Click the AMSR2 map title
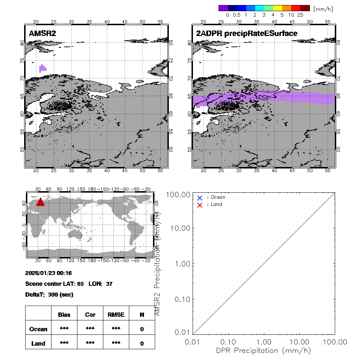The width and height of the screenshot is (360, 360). click(x=42, y=33)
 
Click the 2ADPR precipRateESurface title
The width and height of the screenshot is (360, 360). click(x=247, y=33)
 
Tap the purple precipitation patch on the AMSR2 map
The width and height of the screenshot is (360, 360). click(x=42, y=68)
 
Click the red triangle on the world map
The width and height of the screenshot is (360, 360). click(x=40, y=202)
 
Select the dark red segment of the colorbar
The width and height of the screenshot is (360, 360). click(x=305, y=8)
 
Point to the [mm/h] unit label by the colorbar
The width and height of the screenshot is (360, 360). click(x=323, y=9)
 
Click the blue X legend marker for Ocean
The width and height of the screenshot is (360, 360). click(x=200, y=198)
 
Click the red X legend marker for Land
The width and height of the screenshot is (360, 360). click(x=200, y=205)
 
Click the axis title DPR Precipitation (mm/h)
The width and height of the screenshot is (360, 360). click(x=264, y=350)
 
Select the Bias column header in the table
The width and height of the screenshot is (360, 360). click(x=64, y=315)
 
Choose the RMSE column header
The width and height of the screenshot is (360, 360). click(x=116, y=315)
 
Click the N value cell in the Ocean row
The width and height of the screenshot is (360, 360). click(x=142, y=329)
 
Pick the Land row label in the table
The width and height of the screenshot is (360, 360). click(x=38, y=343)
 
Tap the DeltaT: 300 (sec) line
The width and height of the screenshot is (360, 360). click(x=49, y=294)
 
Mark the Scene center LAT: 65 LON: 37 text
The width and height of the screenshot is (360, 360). click(x=69, y=284)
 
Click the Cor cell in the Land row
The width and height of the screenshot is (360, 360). click(x=90, y=343)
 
